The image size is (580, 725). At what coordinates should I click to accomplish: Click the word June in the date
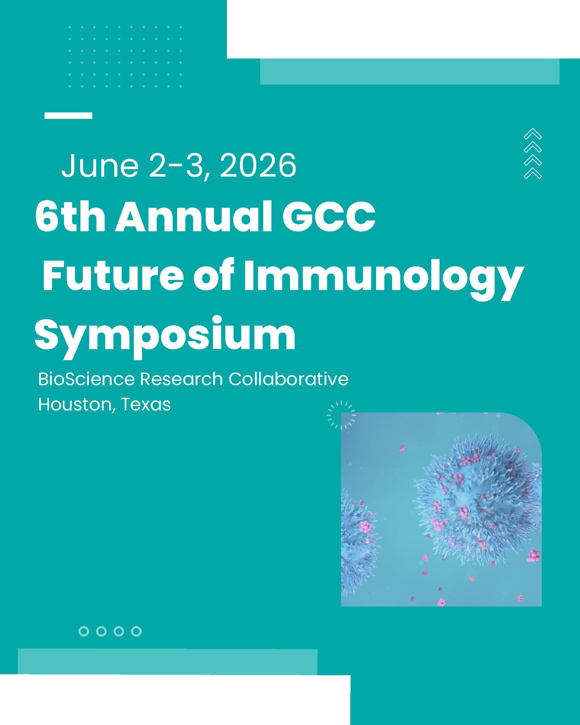pos(100,165)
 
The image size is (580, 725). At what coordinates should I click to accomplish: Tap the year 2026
pos(258,165)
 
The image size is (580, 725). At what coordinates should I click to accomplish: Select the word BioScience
pos(86,379)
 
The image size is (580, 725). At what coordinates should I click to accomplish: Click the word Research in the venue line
pos(181,379)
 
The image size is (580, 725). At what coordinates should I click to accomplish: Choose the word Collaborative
pos(289,379)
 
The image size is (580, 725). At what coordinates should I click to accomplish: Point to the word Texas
pos(146,404)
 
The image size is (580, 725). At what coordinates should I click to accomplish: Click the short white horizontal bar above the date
pos(68,115)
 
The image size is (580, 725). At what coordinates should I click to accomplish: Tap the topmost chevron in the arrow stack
pos(533,133)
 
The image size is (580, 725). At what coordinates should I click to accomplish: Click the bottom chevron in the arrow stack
pos(533,173)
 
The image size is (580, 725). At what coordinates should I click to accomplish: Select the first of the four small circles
pos(84,631)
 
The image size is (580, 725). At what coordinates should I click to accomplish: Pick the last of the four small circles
pos(136,631)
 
